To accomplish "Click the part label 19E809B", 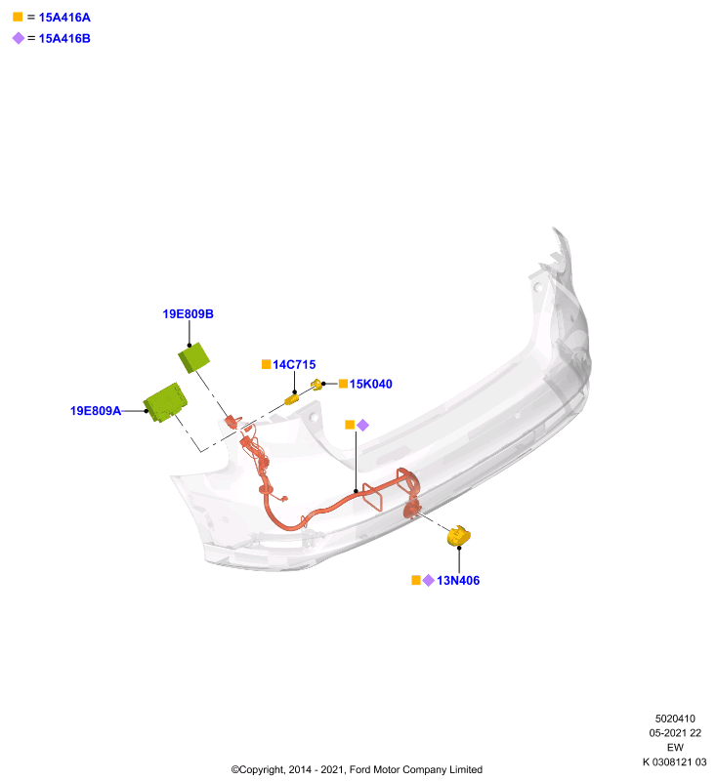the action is click(188, 313).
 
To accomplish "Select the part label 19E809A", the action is click(96, 410).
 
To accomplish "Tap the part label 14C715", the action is click(294, 364).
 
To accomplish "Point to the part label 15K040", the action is click(370, 384).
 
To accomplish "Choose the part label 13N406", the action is click(458, 580).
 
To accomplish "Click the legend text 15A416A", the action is click(64, 18).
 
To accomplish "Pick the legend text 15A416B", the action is click(64, 38).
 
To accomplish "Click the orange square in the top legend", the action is click(18, 17).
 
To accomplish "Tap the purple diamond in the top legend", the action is click(19, 38).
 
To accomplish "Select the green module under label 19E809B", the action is click(193, 357).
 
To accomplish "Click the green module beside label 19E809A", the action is click(165, 402).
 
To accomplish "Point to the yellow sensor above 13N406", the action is click(459, 535).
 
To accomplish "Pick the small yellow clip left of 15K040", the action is click(316, 385).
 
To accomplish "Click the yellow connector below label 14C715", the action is click(291, 399).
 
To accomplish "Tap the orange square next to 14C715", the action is click(267, 364).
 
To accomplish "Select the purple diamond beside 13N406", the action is click(429, 580).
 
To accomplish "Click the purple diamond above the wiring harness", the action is click(362, 425).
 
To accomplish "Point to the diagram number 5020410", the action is click(675, 719).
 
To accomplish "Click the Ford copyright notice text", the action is click(357, 769).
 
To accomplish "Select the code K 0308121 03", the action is click(675, 762).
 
